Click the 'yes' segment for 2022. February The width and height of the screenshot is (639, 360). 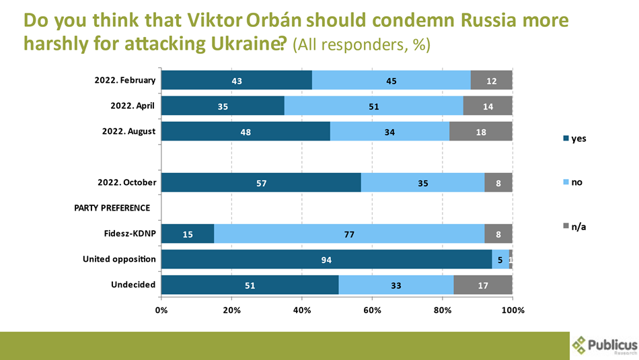(x=236, y=81)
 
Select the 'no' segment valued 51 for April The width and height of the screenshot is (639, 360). (x=373, y=106)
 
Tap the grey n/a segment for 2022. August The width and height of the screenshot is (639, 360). (x=480, y=132)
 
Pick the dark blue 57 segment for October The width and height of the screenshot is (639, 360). (x=261, y=183)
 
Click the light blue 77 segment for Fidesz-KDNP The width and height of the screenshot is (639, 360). (x=348, y=234)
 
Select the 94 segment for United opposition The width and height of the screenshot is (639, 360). (x=327, y=260)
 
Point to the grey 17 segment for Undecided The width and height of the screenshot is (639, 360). (x=483, y=285)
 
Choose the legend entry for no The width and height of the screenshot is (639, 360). (x=576, y=182)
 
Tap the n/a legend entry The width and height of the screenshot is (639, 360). (x=577, y=227)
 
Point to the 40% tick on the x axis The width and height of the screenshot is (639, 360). (x=302, y=310)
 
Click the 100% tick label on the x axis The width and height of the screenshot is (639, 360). (x=513, y=310)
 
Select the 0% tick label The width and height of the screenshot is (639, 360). (x=162, y=310)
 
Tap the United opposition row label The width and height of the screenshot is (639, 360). (x=119, y=259)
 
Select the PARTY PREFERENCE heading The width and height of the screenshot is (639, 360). (x=112, y=207)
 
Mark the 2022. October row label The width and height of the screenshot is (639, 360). (x=126, y=182)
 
